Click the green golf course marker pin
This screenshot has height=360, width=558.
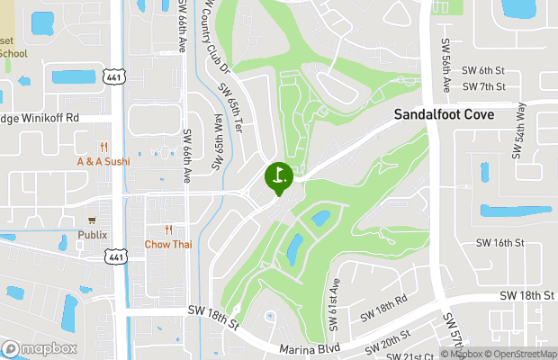[278, 176]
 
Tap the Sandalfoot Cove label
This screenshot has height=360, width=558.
[444, 115]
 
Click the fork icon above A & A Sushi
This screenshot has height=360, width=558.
[105, 147]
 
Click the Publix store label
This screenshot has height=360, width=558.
[91, 235]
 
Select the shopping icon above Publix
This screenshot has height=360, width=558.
[91, 220]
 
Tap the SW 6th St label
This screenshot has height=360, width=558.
[483, 70]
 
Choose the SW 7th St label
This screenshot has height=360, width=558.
[483, 86]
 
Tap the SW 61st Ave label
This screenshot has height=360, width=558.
[335, 296]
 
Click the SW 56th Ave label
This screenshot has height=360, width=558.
[445, 63]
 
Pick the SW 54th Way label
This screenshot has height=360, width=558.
[520, 130]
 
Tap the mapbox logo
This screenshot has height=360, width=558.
[39, 348]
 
